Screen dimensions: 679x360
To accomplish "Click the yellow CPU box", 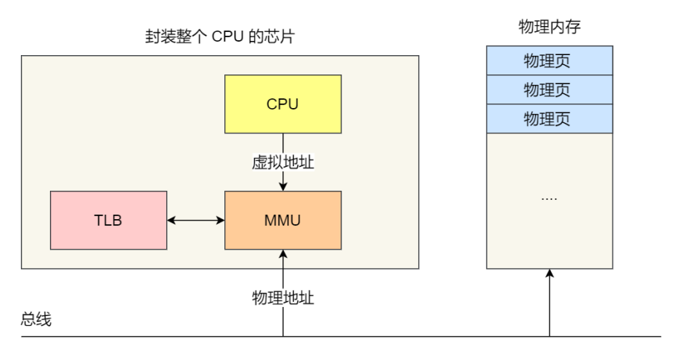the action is pyautogui.click(x=282, y=104).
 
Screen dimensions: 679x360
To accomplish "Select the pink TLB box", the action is pyautogui.click(x=109, y=220).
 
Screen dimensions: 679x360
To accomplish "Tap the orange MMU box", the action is pyautogui.click(x=282, y=220).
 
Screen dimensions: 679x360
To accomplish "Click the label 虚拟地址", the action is pyautogui.click(x=282, y=162).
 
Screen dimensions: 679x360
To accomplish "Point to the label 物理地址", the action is pyautogui.click(x=282, y=297).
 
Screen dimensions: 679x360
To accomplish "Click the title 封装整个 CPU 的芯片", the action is pyautogui.click(x=220, y=37).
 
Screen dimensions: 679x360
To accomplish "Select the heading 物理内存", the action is pyautogui.click(x=549, y=26).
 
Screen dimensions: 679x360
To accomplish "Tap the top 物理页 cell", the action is pyautogui.click(x=549, y=60).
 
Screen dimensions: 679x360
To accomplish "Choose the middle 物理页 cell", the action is pyautogui.click(x=549, y=89).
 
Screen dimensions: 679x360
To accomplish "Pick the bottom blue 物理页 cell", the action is pyautogui.click(x=549, y=119).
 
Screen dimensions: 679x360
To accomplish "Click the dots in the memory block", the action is pyautogui.click(x=549, y=199).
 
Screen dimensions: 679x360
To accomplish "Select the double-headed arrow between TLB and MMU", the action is pyautogui.click(x=196, y=220).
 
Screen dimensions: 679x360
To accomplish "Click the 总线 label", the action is pyautogui.click(x=36, y=319).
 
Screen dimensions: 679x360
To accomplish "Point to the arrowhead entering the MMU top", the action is pyautogui.click(x=282, y=187).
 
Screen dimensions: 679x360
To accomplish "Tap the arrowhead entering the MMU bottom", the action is pyautogui.click(x=282, y=254).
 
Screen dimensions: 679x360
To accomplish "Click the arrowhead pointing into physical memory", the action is pyautogui.click(x=549, y=274).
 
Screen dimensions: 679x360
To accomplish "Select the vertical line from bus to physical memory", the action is pyautogui.click(x=549, y=303).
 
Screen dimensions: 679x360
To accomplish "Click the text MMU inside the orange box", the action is pyautogui.click(x=282, y=221).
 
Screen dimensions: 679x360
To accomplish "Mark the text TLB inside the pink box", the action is pyautogui.click(x=108, y=221).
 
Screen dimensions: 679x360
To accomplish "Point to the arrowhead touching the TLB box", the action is pyautogui.click(x=171, y=220).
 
